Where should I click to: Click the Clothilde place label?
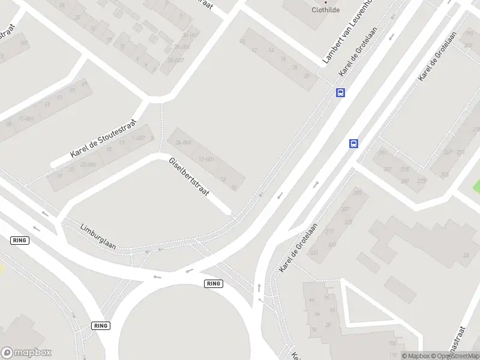(x=326, y=10)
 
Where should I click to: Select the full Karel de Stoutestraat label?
(x=103, y=138)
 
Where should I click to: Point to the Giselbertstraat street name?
(x=189, y=177)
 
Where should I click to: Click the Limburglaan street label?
(x=98, y=236)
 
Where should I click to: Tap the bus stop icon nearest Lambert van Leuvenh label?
(x=340, y=92)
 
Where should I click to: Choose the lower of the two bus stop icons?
(x=354, y=143)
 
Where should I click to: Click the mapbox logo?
(x=26, y=353)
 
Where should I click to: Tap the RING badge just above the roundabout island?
(x=213, y=283)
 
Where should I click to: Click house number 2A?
(x=465, y=255)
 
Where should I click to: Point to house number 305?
(x=358, y=192)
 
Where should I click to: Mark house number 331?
(x=314, y=253)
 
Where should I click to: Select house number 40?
(x=242, y=41)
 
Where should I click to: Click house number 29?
(x=85, y=83)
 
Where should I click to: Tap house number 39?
(x=59, y=176)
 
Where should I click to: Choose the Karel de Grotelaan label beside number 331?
(x=298, y=248)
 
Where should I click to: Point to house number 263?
(x=444, y=175)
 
